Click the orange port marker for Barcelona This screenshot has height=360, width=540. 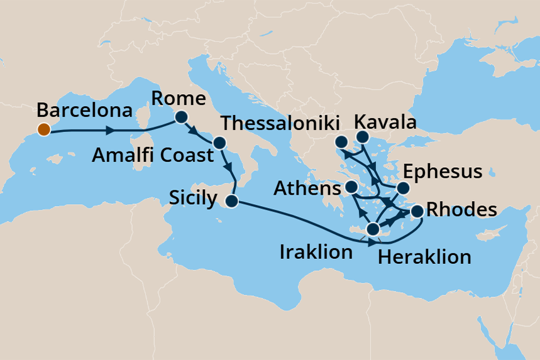43,130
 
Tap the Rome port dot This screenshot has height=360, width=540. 182,117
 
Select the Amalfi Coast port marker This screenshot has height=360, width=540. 219,143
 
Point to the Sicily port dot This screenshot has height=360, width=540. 231,202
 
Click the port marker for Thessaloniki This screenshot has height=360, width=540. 341,141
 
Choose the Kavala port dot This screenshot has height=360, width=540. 363,137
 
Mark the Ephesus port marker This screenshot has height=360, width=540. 404,188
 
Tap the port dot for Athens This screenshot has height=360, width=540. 352,187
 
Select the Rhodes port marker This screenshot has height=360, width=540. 417,213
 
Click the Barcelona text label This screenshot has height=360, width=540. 84,111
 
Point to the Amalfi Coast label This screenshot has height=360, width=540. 153,155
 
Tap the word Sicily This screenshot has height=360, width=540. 193,199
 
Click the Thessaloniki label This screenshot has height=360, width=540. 281,124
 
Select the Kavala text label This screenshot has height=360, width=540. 385,122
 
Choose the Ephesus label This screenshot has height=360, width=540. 442,172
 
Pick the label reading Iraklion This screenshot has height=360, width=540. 316,253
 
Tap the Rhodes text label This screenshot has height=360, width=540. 461,210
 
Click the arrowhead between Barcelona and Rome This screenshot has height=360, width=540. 111,131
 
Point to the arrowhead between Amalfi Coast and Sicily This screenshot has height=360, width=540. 229,169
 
